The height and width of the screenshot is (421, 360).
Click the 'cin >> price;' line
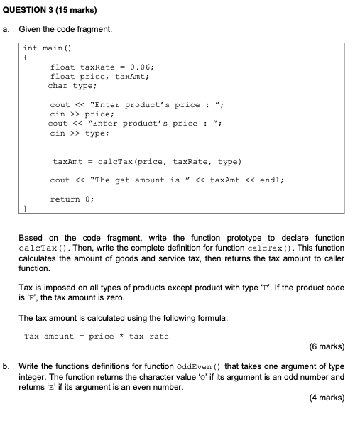(x=77, y=114)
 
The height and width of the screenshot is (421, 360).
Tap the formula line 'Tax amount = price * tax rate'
(x=97, y=336)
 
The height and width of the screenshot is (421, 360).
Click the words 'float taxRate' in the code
(x=78, y=67)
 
